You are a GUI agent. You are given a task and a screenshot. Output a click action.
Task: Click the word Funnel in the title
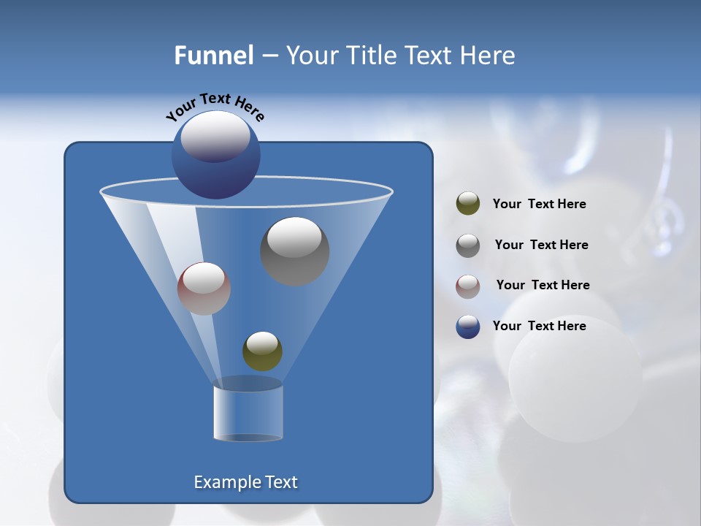coord(214,56)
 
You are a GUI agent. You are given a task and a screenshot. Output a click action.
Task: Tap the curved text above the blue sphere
coord(215,107)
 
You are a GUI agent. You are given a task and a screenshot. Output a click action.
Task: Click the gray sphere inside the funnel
coord(294,251)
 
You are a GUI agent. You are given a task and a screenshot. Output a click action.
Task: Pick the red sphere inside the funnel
coord(204,289)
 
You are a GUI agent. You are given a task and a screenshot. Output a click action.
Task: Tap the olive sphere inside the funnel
coord(262,351)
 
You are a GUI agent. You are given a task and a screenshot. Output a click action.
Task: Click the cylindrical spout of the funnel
coord(248,413)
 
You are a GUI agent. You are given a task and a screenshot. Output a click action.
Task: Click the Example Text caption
coord(246,482)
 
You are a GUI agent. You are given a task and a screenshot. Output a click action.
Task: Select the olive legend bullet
coord(468,204)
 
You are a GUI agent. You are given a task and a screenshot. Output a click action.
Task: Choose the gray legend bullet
coord(468,245)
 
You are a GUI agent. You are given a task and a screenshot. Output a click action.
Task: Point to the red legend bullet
coord(468,286)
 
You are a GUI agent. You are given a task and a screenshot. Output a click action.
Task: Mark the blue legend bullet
coord(468,327)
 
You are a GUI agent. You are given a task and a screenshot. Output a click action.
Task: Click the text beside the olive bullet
coord(539,205)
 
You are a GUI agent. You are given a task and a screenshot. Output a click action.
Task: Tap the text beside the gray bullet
coord(541,245)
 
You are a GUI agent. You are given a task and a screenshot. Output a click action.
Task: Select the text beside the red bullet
coord(543,286)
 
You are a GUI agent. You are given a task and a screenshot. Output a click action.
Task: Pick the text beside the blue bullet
coord(539,327)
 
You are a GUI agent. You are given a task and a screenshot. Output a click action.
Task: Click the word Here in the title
coord(488,56)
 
